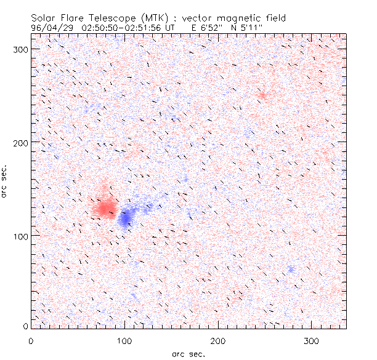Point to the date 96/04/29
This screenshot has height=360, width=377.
pos(52,28)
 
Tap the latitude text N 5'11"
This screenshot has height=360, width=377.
pos(248,28)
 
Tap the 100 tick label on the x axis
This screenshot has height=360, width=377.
pos(124,340)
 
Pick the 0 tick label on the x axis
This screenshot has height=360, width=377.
pos(31,340)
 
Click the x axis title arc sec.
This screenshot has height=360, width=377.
pos(188,353)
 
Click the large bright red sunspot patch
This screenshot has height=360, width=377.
pos(103,206)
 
